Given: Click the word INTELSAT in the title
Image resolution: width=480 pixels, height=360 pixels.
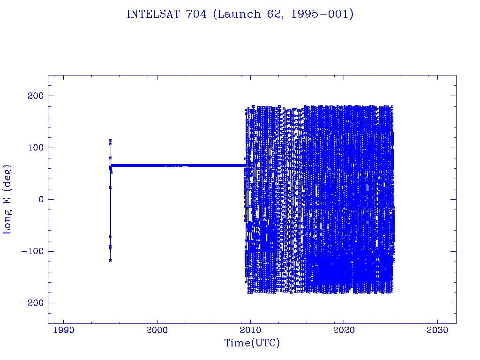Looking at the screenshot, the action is pos(153,14).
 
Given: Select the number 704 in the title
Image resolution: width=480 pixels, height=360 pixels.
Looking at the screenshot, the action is pos(196,14).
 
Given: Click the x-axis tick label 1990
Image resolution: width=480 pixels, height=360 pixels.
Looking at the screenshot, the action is pos(64,330).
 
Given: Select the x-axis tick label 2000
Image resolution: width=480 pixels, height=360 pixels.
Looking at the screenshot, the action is pos(157,330).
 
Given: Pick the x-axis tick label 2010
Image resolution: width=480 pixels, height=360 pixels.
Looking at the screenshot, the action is pos(251,330).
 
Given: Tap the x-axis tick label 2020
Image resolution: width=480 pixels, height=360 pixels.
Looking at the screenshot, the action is pos(344,330).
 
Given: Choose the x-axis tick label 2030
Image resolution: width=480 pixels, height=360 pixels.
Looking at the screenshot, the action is pos(438,330).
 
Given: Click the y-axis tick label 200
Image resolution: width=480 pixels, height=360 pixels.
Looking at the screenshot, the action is pos(36,96).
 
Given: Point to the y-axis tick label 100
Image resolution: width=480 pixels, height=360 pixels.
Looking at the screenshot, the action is pos(36,148).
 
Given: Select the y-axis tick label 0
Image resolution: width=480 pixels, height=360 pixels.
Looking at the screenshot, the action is pos(41,199).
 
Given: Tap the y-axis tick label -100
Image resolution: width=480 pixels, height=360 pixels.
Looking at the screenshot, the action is pos(33,251).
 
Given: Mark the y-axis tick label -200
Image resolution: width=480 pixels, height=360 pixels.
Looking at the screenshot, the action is pos(33,303).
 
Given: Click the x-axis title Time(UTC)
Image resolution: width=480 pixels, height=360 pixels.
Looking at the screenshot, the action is pos(252,343).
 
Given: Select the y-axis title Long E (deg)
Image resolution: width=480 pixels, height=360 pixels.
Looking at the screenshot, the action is pos(7,200).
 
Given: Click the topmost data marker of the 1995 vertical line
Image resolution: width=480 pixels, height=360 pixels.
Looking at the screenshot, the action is pos(111,140).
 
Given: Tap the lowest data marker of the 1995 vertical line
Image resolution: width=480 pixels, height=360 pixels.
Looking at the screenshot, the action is pos(111,261).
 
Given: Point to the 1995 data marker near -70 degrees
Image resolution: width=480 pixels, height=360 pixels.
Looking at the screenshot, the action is pos(111,237).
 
